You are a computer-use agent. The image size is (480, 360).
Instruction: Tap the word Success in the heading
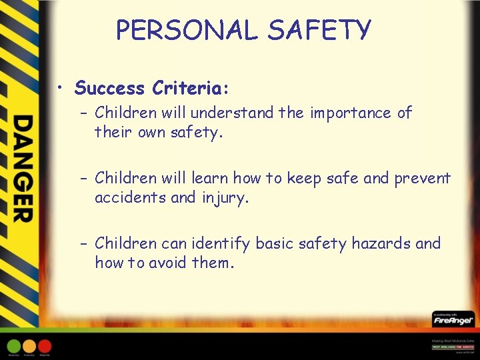(110, 88)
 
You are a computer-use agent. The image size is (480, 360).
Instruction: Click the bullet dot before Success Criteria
(61, 89)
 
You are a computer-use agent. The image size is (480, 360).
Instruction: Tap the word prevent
(423, 178)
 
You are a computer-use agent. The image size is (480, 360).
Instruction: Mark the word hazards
(379, 244)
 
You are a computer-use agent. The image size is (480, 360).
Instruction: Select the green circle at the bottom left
(14, 345)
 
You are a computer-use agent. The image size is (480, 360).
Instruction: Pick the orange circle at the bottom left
(29, 345)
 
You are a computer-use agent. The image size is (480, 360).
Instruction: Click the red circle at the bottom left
(45, 345)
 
